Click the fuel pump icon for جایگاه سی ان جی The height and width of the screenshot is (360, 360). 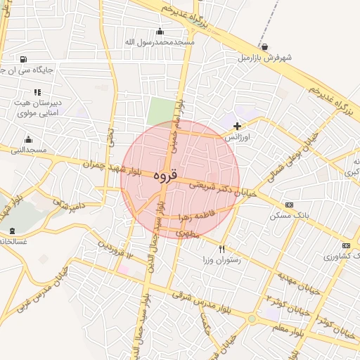(x=24, y=59)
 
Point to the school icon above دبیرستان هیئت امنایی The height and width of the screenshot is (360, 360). (x=37, y=92)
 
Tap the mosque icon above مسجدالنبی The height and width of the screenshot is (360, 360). (x=28, y=139)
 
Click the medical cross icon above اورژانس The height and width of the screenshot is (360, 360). (x=237, y=126)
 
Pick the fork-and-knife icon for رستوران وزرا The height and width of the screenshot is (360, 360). (x=222, y=249)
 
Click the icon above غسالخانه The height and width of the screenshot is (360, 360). (x=12, y=231)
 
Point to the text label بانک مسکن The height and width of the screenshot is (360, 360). (x=287, y=215)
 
